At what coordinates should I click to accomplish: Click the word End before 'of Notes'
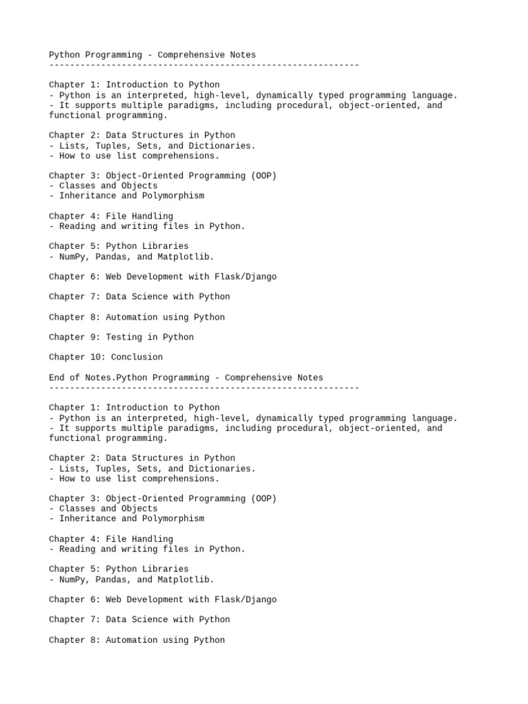(x=56, y=377)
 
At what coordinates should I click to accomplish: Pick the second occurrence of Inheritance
(x=87, y=518)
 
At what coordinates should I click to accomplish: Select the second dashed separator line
(x=203, y=388)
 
